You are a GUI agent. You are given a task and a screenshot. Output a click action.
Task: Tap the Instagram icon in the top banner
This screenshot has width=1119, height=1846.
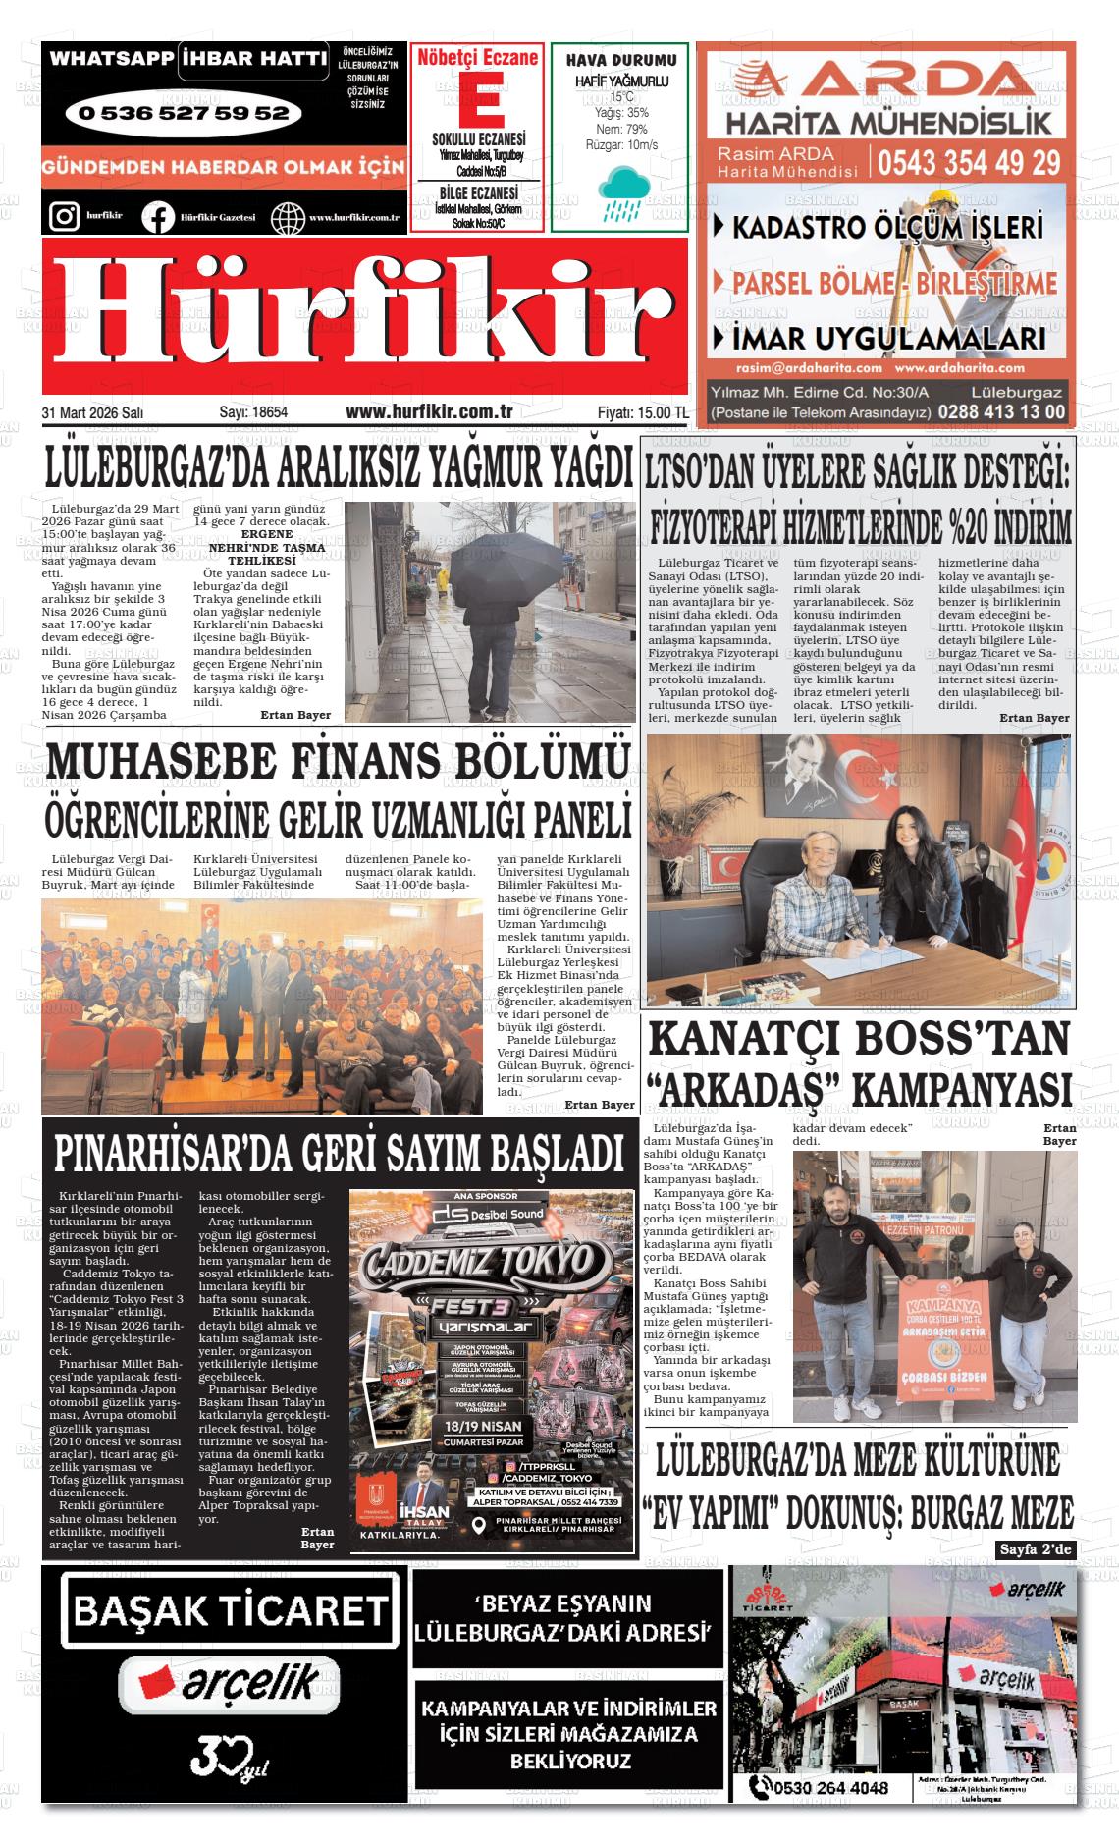tap(64, 215)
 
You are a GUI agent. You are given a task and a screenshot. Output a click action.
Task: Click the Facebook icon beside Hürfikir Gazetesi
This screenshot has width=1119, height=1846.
tap(157, 216)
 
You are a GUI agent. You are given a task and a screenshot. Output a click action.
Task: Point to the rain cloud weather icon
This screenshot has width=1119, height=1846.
tap(621, 192)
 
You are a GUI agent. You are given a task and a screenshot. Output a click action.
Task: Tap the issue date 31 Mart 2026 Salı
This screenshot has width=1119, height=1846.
tap(93, 413)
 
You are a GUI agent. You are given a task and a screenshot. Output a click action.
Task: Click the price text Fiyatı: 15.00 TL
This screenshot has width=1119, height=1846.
tap(642, 413)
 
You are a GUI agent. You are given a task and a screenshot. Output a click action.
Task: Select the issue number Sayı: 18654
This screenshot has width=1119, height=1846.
tap(252, 413)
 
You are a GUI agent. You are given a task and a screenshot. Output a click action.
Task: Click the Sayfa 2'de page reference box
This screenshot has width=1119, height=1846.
tap(1036, 1549)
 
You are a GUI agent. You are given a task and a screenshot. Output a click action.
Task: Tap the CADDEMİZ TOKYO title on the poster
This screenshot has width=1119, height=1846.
tap(483, 1261)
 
